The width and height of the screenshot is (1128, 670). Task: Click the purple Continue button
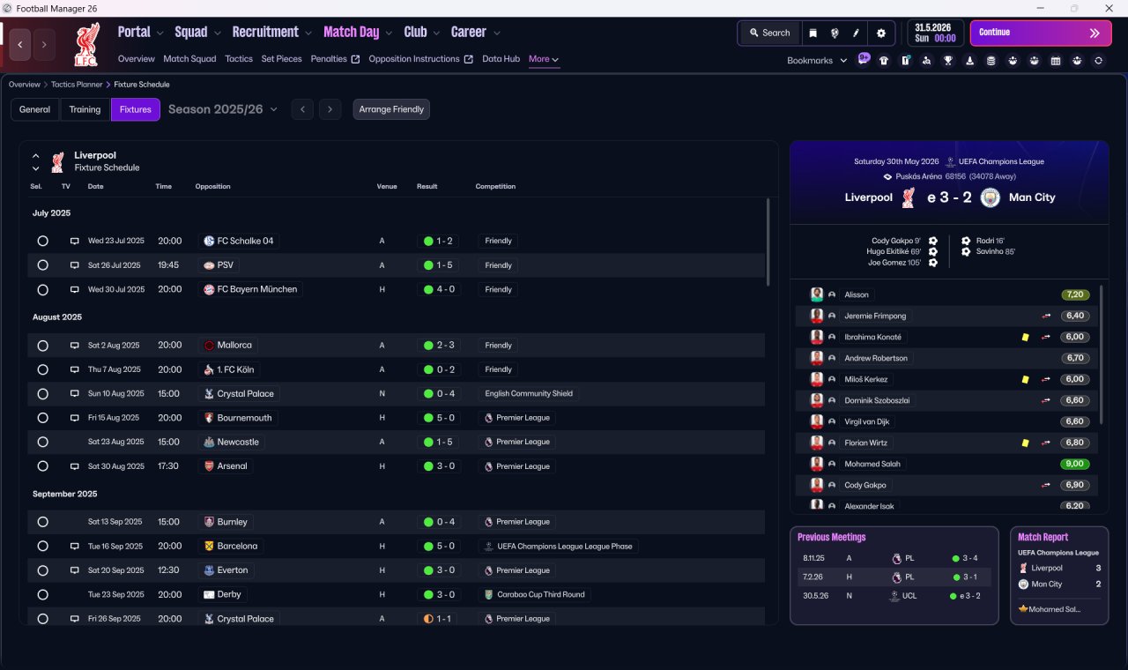pyautogui.click(x=1041, y=33)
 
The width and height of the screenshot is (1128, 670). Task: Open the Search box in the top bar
pyautogui.click(x=770, y=33)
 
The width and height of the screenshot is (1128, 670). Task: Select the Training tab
pyautogui.click(x=85, y=109)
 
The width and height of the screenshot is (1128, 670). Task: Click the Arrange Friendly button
pyautogui.click(x=391, y=109)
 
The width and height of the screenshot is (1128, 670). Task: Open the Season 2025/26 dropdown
pyautogui.click(x=223, y=109)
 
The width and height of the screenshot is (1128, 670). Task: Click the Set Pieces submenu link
pyautogui.click(x=281, y=59)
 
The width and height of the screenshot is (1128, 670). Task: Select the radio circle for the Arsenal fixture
pyautogui.click(x=43, y=466)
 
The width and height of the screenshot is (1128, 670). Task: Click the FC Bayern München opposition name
pyautogui.click(x=256, y=289)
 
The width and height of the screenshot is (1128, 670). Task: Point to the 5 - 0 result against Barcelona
pyautogui.click(x=440, y=546)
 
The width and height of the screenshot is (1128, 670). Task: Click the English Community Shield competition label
pyautogui.click(x=529, y=393)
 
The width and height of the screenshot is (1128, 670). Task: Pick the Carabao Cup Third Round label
pyautogui.click(x=541, y=594)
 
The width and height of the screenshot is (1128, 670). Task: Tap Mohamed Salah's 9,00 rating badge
pyautogui.click(x=1074, y=464)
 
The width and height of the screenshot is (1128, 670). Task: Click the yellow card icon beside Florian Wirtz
pyautogui.click(x=1025, y=443)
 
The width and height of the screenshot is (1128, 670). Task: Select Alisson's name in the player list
pyautogui.click(x=857, y=294)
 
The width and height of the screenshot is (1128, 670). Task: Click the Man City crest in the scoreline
pyautogui.click(x=990, y=197)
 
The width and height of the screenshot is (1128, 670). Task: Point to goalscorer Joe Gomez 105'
pyautogui.click(x=894, y=263)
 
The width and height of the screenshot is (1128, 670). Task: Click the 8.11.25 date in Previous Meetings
pyautogui.click(x=813, y=558)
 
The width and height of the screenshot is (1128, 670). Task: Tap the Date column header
pyautogui.click(x=96, y=186)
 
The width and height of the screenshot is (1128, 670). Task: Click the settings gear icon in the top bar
pyautogui.click(x=880, y=33)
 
